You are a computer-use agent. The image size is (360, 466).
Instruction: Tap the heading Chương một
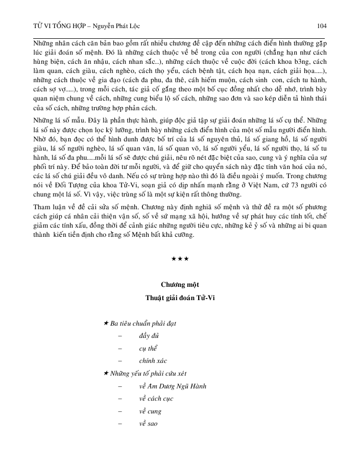(x=180, y=284)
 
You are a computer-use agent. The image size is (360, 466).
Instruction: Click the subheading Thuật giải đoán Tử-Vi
(x=180, y=298)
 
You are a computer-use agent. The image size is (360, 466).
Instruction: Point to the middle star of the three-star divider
(x=180, y=260)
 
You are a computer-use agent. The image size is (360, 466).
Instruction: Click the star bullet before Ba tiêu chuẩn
(x=106, y=324)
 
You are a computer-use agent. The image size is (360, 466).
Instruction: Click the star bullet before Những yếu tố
(x=106, y=374)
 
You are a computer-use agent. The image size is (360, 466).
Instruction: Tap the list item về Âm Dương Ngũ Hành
(x=173, y=386)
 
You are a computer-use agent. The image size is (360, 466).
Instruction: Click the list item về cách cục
(x=155, y=399)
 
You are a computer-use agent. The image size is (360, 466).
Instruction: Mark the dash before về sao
(x=120, y=424)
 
